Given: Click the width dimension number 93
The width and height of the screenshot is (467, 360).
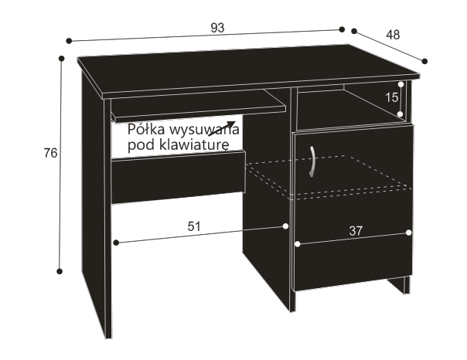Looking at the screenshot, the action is tap(217, 28).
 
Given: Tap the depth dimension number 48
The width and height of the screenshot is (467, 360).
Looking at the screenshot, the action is tap(393, 35).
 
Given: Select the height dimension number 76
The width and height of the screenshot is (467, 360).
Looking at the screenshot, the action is tap(50, 153).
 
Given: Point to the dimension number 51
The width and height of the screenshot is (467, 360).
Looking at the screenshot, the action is tap(194, 226).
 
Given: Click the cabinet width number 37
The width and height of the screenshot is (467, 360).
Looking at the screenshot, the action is tap(356, 231).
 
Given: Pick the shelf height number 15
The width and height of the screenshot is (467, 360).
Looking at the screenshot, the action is tap(391, 97).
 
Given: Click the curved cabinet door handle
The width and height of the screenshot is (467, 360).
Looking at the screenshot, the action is tap(312, 161).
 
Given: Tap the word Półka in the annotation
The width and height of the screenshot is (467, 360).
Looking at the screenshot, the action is tap(146, 130).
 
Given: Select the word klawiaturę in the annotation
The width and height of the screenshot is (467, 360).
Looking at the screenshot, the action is tap(195, 145).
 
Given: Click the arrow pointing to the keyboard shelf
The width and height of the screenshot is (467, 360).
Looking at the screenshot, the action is tap(222, 128).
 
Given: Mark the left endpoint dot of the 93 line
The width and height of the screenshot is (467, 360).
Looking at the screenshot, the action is tap(69, 41).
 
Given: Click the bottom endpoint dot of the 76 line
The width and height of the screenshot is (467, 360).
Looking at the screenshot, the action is tap(60, 271).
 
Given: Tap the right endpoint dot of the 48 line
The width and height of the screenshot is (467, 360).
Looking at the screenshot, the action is tap(424, 61).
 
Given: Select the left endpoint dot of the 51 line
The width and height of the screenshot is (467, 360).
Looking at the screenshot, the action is tap(117, 243).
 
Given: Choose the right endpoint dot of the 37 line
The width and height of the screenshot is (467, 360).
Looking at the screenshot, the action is tap(408, 233).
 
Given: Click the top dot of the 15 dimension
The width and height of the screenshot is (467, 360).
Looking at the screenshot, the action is tap(401, 84).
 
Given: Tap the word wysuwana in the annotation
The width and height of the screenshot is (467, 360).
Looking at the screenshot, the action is tap(204, 130).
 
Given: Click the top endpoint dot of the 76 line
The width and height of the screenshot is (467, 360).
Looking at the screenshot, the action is tap(62, 58).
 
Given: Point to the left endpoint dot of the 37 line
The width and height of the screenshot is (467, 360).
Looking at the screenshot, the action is tap(297, 244).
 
